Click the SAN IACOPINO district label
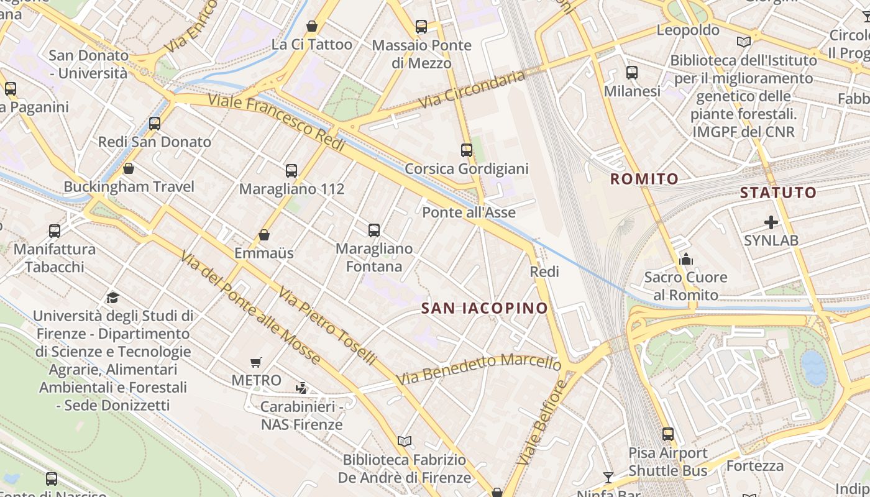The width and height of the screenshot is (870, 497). (x=485, y=308)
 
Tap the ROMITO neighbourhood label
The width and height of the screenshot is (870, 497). (x=644, y=180)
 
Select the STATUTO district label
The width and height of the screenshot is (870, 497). (x=778, y=193)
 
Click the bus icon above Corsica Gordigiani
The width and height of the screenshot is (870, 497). (x=466, y=150)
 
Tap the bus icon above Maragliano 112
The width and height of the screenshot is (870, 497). (x=291, y=170)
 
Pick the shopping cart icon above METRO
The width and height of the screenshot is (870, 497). (x=255, y=362)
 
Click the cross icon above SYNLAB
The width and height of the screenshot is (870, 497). (x=771, y=222)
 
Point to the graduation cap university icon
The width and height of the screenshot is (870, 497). (x=112, y=298)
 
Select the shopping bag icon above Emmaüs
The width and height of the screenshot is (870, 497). (x=264, y=235)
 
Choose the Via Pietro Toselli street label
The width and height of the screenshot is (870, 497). (x=327, y=325)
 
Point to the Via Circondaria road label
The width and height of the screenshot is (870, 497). (x=472, y=89)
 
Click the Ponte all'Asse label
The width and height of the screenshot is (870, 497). (x=469, y=212)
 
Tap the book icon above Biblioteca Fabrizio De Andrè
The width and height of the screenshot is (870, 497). (x=405, y=441)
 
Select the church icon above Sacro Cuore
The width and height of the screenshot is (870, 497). (x=686, y=258)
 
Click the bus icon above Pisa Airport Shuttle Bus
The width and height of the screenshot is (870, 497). (x=668, y=434)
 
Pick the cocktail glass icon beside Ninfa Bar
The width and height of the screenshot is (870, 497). (x=608, y=477)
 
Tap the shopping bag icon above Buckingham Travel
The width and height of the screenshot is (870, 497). (x=129, y=168)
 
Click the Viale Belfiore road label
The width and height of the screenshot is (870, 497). (x=542, y=422)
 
